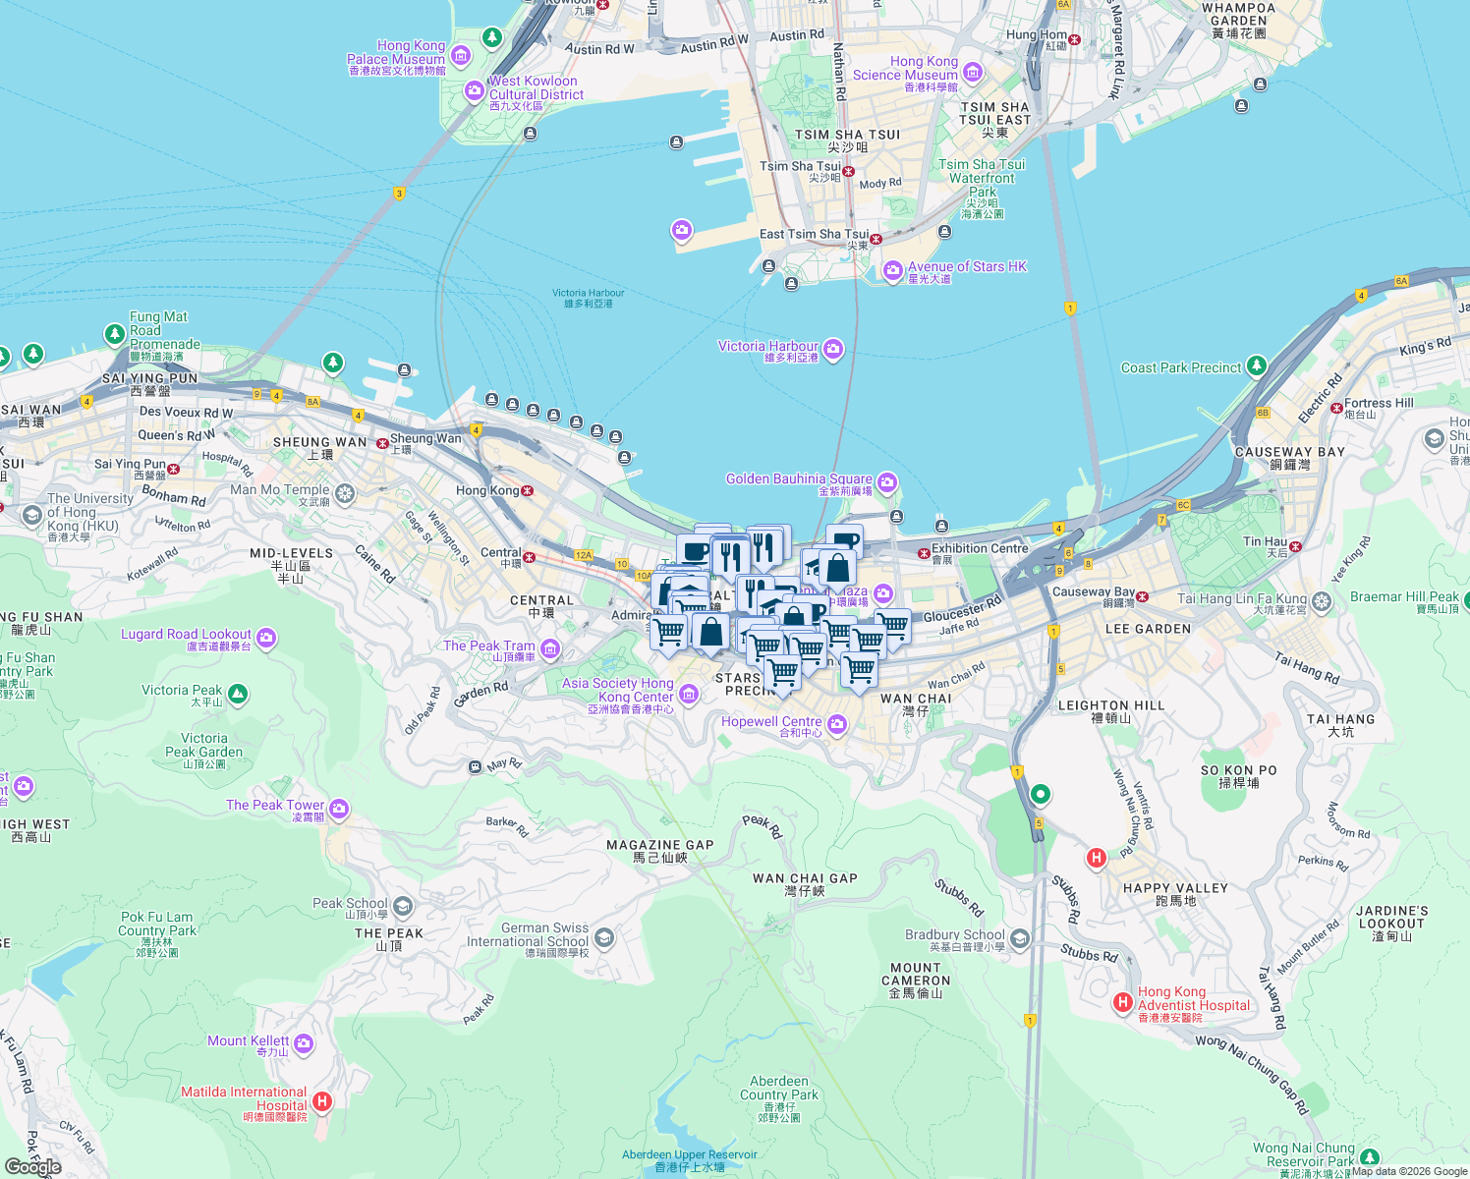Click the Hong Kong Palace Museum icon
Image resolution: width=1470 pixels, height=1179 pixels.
coord(461,58)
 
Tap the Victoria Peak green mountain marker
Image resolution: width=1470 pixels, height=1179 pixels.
coord(237,694)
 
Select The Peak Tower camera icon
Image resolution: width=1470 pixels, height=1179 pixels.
coord(339,809)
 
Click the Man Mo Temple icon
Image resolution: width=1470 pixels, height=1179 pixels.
coord(345,493)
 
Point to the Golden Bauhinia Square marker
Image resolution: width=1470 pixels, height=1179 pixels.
coord(887,481)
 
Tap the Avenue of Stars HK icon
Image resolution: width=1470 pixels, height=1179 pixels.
coord(892,270)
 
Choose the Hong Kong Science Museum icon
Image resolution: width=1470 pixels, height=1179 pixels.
coord(973,72)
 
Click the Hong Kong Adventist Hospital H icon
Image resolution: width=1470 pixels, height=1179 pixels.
coord(1122,1002)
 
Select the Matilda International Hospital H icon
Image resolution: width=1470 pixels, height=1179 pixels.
coord(321,1101)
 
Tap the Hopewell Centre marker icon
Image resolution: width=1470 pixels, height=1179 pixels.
coord(837,725)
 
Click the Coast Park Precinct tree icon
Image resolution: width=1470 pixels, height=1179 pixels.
coord(1257,367)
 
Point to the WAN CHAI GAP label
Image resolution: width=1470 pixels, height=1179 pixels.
coord(805,878)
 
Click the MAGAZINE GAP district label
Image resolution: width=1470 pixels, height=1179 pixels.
coord(659,845)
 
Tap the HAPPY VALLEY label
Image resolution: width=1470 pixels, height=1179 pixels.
coord(1175,888)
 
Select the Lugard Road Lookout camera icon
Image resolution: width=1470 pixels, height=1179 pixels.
coord(266,639)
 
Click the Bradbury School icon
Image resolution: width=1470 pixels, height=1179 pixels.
coord(1020,939)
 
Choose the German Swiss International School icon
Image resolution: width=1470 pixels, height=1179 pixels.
coord(604,937)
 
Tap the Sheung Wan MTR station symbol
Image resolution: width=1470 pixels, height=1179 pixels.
coord(382,443)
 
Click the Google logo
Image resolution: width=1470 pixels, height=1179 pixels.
coord(33,1166)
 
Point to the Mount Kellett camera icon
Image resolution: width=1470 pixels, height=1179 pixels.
coord(304,1043)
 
